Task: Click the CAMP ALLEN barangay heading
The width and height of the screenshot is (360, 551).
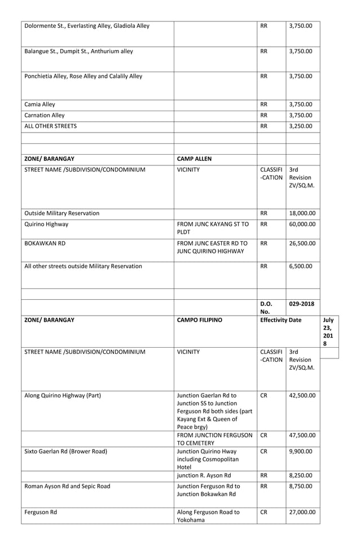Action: [x=194, y=159]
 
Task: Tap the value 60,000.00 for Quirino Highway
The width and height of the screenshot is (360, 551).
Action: [x=302, y=224]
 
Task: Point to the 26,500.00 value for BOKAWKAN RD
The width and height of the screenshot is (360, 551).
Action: [x=302, y=244]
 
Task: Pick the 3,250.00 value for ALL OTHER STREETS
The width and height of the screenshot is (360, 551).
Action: [x=300, y=126]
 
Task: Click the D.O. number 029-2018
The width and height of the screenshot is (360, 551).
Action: [x=302, y=303]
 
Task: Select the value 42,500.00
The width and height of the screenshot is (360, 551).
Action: [x=302, y=395]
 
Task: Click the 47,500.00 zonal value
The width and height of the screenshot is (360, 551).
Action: [x=302, y=436]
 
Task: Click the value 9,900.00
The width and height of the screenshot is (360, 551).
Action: [x=300, y=451]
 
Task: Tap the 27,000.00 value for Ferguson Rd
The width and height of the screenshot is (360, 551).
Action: [x=302, y=513]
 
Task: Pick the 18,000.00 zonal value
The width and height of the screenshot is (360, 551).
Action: [x=302, y=213]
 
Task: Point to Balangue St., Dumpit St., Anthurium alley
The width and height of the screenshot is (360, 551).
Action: [x=79, y=51]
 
